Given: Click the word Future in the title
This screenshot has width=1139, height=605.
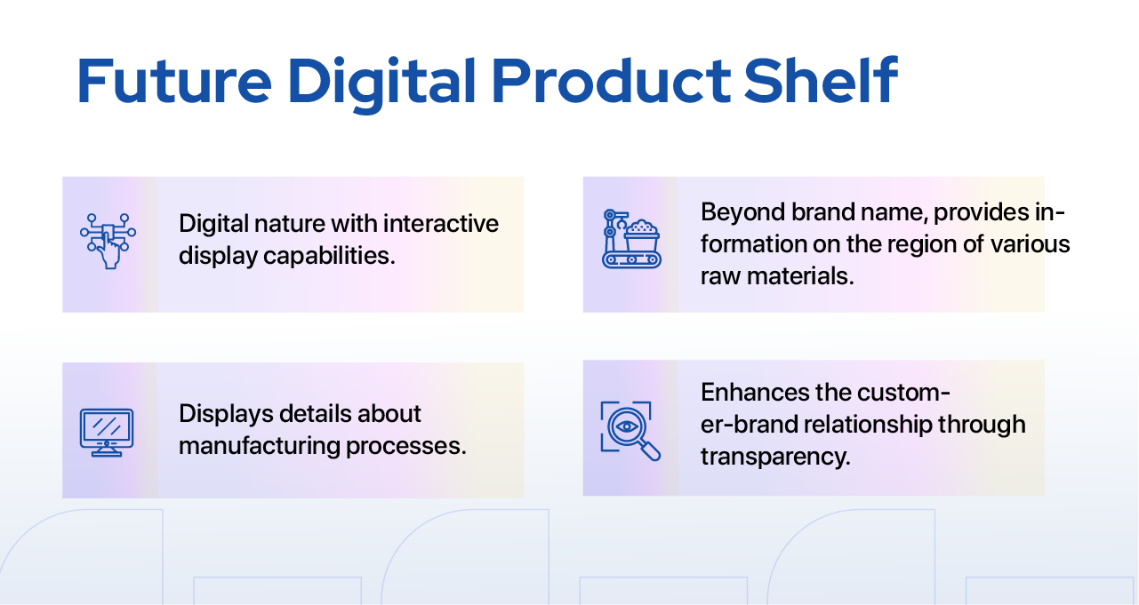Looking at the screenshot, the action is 174,81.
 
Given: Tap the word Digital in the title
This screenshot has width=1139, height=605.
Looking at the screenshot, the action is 381,84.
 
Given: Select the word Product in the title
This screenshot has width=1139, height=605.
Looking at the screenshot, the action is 611,81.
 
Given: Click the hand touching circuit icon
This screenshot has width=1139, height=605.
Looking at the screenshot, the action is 108,241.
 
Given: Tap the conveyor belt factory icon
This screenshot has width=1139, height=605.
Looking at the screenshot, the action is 631,239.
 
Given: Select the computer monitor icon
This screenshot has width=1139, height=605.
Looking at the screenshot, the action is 107,433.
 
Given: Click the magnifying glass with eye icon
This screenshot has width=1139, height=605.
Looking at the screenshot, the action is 630,431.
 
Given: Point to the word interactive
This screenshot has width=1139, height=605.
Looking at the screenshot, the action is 441,224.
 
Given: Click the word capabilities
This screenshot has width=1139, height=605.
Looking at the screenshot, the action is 329,256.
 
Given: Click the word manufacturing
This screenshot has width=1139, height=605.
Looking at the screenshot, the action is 260,446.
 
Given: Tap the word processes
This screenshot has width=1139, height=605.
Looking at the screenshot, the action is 405,447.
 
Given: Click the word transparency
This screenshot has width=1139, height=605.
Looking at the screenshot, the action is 775,457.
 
